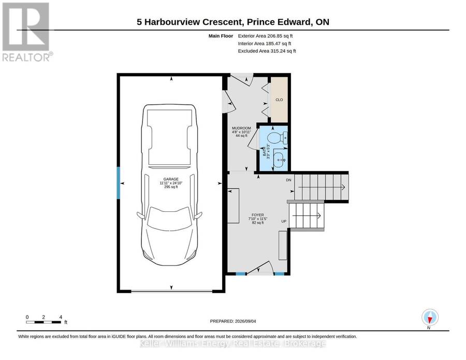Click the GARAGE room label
[171, 179]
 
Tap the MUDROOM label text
[241, 128]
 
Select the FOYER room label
[258, 215]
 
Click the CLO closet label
[279, 100]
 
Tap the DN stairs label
[288, 180]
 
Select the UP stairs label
[284, 222]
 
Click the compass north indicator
[430, 317]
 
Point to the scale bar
[43, 322]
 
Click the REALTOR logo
[27, 32]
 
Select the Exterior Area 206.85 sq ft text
[265, 36]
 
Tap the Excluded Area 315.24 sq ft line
[267, 51]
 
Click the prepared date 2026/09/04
[245, 321]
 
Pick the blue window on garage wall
[118, 183]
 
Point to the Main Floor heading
[221, 36]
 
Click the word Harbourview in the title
[172, 22]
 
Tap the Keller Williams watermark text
[232, 344]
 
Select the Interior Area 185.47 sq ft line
[265, 44]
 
